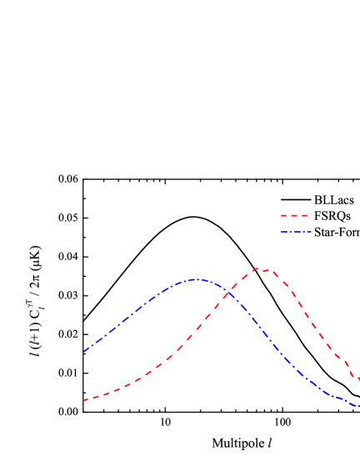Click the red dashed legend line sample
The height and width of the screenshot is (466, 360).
294,215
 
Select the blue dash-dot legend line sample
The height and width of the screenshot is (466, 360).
296,232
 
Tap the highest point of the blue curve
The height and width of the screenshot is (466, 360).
197,279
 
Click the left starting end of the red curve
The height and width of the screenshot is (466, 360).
84,400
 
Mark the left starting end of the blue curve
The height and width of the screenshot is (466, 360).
84,351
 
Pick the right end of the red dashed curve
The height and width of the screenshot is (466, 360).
358,380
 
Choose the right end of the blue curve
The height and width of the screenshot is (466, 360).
358,407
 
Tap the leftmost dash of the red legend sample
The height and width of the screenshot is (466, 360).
283,215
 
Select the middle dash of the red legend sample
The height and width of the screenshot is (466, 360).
294,215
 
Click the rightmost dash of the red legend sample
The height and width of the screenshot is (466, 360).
305,215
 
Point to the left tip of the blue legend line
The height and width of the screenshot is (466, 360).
281,232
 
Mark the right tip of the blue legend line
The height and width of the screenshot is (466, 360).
311,232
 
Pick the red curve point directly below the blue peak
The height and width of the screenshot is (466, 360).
197,331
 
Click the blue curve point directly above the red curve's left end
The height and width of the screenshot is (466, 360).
84,351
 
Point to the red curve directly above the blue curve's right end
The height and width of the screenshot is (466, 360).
358,380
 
